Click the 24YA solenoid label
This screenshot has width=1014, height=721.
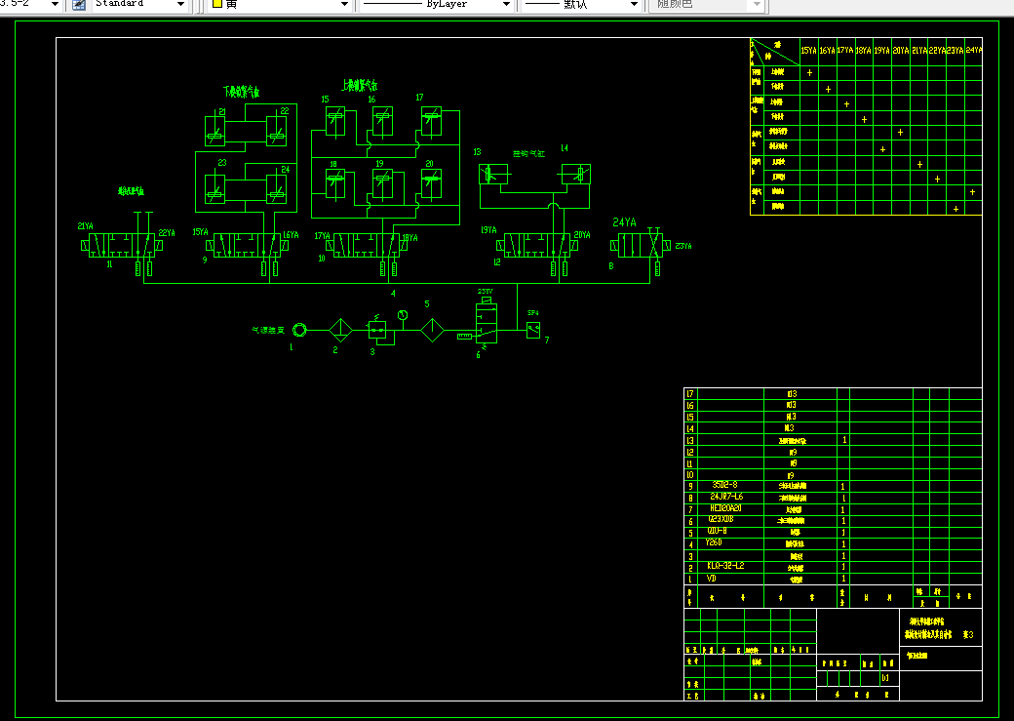(624, 222)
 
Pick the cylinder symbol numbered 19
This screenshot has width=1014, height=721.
(381, 182)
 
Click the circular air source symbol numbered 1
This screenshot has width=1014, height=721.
(299, 330)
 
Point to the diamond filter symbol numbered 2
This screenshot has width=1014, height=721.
(340, 330)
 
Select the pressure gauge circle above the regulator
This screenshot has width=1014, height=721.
(403, 314)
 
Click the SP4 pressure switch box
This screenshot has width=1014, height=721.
(532, 329)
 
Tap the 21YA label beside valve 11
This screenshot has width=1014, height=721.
(86, 226)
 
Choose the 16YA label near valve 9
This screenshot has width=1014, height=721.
(291, 234)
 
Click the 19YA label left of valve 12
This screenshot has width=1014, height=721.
(488, 230)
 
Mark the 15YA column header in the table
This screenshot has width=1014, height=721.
(808, 50)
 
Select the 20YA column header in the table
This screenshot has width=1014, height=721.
(900, 50)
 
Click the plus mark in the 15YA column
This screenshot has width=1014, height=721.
(809, 72)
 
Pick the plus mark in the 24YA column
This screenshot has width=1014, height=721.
(972, 191)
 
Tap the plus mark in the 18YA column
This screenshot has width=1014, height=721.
(864, 120)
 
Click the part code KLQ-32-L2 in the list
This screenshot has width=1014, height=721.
(725, 565)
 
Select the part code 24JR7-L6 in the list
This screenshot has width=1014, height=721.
(726, 497)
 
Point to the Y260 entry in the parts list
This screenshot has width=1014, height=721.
(713, 542)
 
